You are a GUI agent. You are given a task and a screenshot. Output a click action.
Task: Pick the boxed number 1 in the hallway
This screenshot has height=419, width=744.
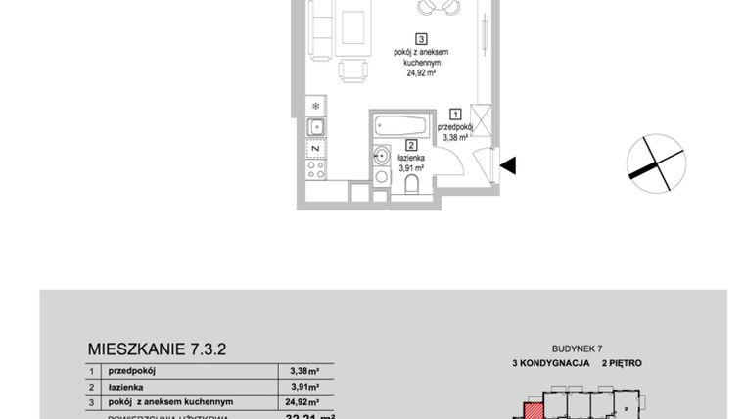coord(455,115)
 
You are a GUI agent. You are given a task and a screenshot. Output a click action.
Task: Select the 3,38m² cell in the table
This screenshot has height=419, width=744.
coord(303,371)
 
